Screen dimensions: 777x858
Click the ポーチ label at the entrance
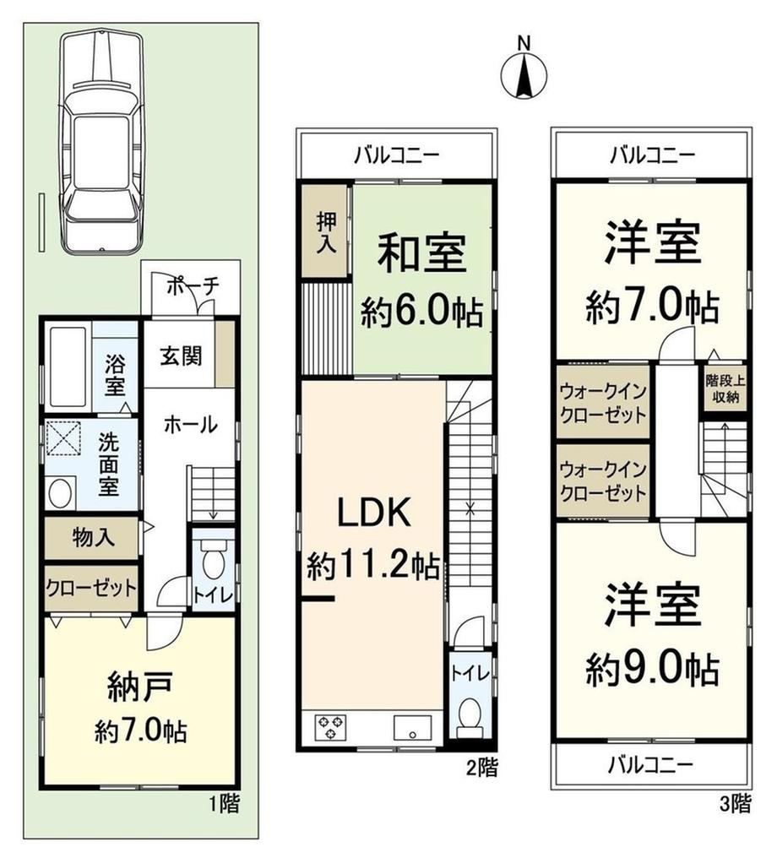[x=192, y=286]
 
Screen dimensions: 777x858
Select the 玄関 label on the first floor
[x=181, y=356]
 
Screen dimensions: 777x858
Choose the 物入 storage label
[x=94, y=538]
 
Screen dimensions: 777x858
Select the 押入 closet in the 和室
[x=326, y=231]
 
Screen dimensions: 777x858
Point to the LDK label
[x=374, y=513]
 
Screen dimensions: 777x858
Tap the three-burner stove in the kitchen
[x=329, y=726]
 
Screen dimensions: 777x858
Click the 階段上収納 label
[x=725, y=388]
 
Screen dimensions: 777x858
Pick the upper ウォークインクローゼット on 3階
[x=603, y=402]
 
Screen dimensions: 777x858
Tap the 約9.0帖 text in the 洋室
[x=652, y=669]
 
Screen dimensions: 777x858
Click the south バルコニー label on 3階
[x=651, y=763]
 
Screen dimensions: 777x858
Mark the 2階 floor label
[x=481, y=768]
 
